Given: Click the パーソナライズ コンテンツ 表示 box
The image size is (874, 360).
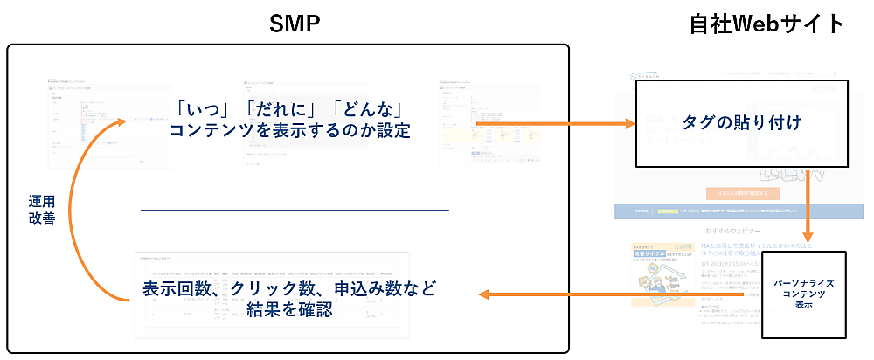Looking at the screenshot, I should point(805,294).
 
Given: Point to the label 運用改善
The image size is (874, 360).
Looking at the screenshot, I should point(42,210).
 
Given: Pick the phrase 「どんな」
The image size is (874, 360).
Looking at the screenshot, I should point(366,111).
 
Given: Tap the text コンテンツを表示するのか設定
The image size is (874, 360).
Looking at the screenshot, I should point(289,132).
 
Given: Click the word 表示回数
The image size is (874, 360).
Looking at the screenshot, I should point(180,289).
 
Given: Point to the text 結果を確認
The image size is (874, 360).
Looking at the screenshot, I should point(289,310).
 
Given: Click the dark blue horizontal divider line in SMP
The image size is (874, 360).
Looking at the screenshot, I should point(295,210).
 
